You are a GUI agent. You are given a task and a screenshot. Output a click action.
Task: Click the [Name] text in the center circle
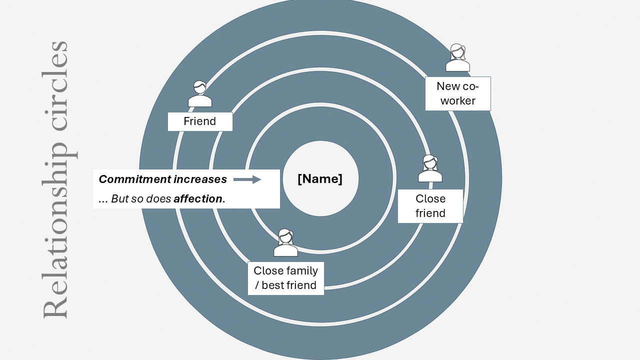[x=320, y=179]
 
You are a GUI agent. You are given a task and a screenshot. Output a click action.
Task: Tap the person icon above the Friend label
[x=200, y=94]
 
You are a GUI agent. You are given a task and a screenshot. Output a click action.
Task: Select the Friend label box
[x=200, y=121]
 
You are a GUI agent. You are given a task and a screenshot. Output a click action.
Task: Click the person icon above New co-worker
[x=457, y=58]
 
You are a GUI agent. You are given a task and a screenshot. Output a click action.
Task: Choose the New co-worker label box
[x=457, y=93]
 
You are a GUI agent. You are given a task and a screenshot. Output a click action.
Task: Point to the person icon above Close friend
[x=430, y=169]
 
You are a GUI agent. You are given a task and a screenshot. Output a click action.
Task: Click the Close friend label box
[x=430, y=206]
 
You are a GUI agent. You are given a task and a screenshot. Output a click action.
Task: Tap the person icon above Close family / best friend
[x=285, y=243]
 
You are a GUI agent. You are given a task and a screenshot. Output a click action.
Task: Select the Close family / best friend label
[x=285, y=278]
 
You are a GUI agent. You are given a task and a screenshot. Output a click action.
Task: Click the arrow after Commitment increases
[x=247, y=179]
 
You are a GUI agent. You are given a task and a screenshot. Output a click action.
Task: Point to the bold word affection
[x=197, y=198]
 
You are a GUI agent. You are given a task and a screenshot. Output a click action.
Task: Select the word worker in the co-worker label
[x=457, y=100]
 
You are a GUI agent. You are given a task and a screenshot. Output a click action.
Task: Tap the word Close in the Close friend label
[x=430, y=199]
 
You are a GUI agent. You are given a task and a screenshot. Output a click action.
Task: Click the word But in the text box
[x=120, y=198]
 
